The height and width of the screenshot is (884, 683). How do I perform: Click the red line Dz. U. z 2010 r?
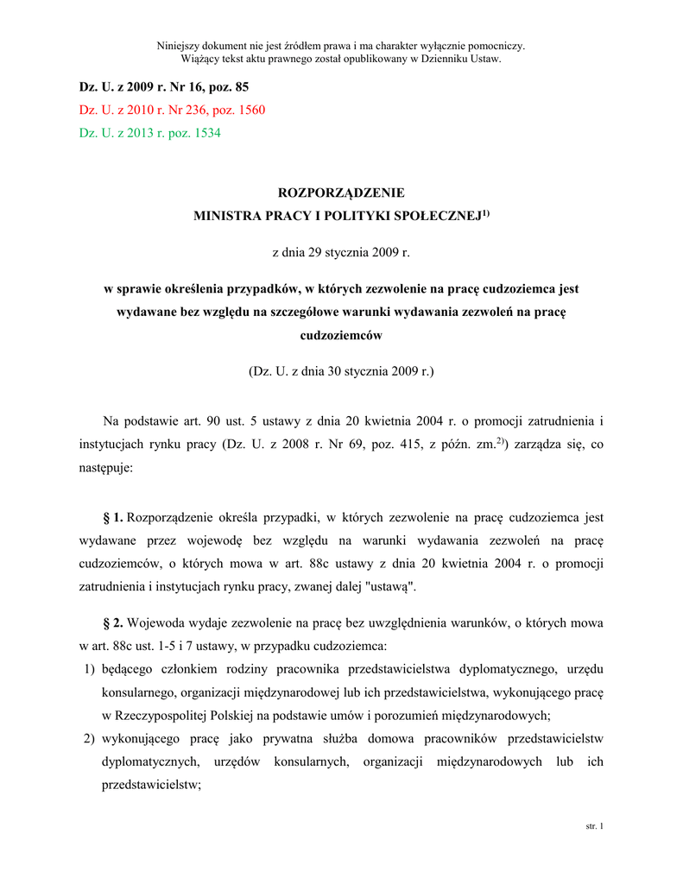click(x=172, y=110)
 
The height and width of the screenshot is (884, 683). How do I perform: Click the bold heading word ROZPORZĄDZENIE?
click(x=340, y=193)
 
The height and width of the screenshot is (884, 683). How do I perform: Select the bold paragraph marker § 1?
click(x=113, y=518)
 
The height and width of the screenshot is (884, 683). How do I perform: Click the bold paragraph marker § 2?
click(x=113, y=622)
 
